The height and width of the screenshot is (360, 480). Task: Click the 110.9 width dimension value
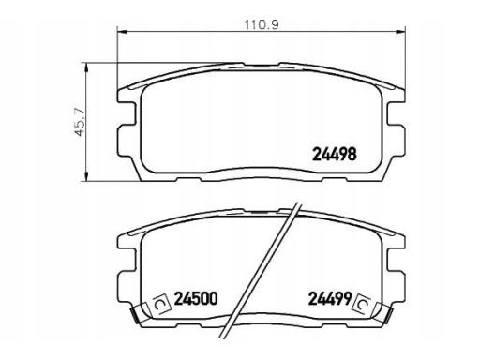262,24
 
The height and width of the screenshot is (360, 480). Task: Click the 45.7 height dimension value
80,122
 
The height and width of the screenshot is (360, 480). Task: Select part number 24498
335,154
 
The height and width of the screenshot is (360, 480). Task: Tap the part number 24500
195,298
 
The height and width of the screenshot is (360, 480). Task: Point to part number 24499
330,298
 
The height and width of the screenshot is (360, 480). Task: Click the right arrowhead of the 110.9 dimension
400,31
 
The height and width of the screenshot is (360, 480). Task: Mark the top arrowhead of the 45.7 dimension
86,67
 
